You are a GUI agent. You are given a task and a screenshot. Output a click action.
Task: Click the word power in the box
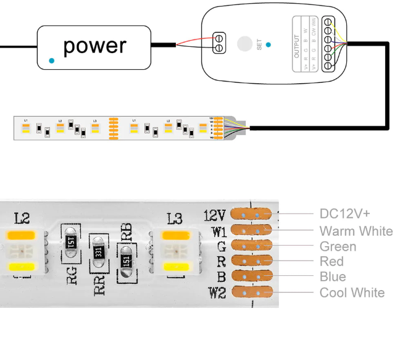pos(94,46)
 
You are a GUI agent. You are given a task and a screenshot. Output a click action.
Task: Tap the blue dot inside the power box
pos(51,60)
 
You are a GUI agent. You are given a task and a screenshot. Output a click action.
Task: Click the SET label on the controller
pos(259,45)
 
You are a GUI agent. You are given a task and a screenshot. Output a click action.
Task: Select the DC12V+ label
pos(344,214)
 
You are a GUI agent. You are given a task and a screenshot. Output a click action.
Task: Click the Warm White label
pos(356,231)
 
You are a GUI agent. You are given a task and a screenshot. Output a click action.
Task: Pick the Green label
pos(338,247)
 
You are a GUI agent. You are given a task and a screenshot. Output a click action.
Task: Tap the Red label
pos(332,262)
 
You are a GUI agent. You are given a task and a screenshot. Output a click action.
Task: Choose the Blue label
pos(333,277)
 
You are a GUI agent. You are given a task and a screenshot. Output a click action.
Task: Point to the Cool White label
pos(352,293)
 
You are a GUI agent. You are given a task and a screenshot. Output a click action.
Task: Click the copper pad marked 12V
pos(251,214)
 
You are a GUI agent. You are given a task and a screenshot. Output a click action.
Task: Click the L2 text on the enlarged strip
pos(22,218)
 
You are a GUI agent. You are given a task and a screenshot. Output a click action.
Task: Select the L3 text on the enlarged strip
pos(175,218)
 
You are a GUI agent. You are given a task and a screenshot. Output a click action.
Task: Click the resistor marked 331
pos(98,253)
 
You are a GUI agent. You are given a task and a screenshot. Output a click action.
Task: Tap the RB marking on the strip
pos(127,231)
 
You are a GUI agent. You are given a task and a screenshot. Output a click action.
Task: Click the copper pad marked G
pos(251,246)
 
